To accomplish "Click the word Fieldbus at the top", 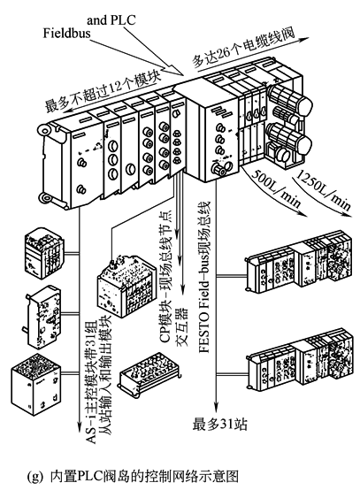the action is (67, 34).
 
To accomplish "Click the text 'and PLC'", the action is (111, 20).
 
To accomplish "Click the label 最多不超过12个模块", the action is (102, 90).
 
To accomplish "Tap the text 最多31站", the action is (219, 425).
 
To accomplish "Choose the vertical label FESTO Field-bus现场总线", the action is (204, 276).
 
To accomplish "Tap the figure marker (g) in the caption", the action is (34, 477).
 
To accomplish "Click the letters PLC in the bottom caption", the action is (88, 477).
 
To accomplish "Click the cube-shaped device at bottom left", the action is (35, 384).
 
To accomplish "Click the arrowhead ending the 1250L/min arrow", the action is (348, 214).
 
